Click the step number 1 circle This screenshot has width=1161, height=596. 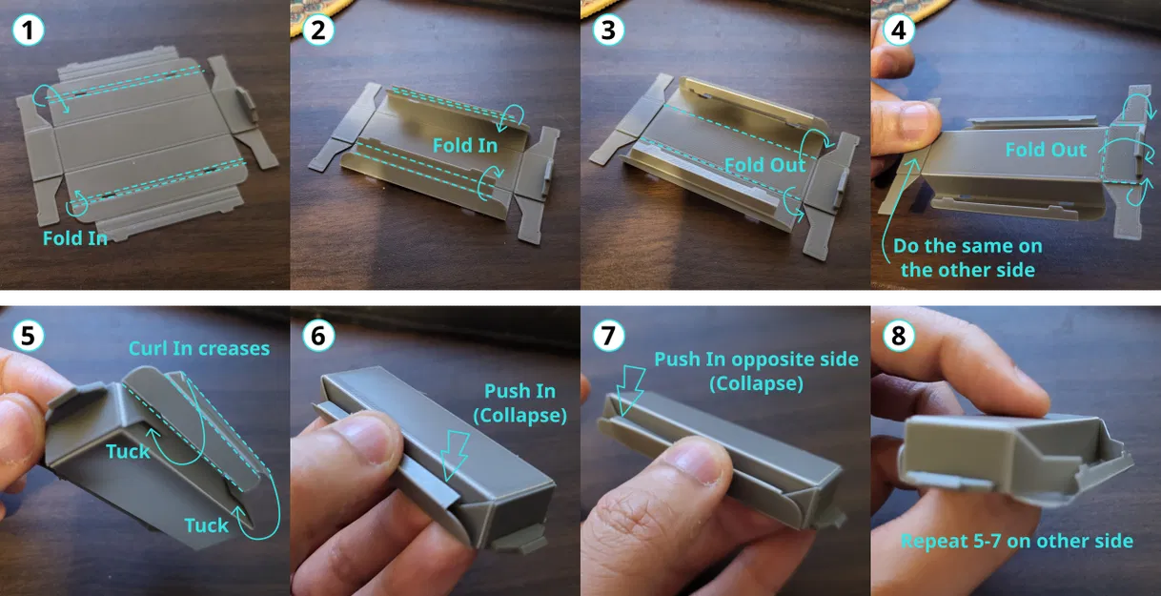[x=29, y=30]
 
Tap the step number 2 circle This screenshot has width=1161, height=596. [x=318, y=30]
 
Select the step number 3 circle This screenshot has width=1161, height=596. [x=608, y=30]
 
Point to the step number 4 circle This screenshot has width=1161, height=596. [x=898, y=30]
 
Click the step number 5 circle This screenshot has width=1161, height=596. [x=29, y=335]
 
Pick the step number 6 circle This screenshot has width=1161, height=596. [x=318, y=335]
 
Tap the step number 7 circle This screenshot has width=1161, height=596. [x=608, y=335]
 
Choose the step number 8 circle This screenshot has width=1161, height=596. [x=898, y=335]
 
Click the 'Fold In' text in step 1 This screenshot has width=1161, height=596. [x=75, y=238]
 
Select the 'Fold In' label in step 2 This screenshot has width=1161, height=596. [x=465, y=146]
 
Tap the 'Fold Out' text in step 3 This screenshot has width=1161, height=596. [x=765, y=165]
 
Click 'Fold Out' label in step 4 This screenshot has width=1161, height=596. [x=1046, y=150]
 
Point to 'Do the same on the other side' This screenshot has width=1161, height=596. [x=967, y=257]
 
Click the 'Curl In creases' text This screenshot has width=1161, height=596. [x=199, y=349]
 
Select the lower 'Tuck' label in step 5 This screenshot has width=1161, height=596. [x=207, y=525]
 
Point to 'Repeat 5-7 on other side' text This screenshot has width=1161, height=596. [x=1017, y=542]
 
